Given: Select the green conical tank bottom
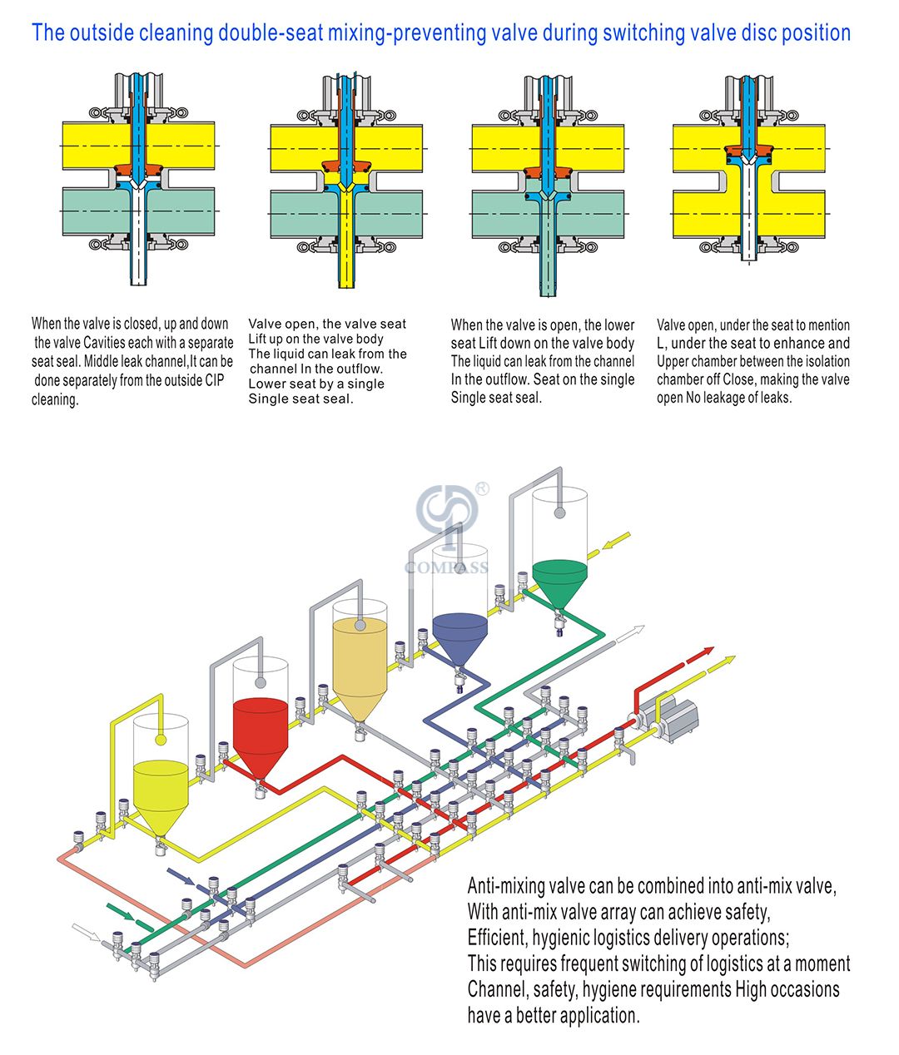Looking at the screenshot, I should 559,582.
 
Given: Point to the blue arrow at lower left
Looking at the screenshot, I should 181,876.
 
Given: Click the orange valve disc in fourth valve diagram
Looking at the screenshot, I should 747,151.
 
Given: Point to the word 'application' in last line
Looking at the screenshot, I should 597,1015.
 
